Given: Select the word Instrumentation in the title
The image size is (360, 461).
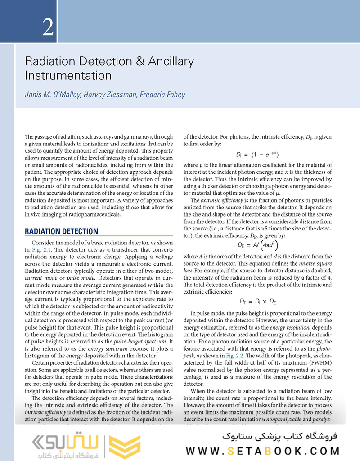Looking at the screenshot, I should tap(68, 75).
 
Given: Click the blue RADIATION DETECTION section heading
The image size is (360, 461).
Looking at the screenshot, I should tap(61, 231).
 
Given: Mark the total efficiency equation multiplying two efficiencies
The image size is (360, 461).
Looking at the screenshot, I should tap(257, 302).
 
